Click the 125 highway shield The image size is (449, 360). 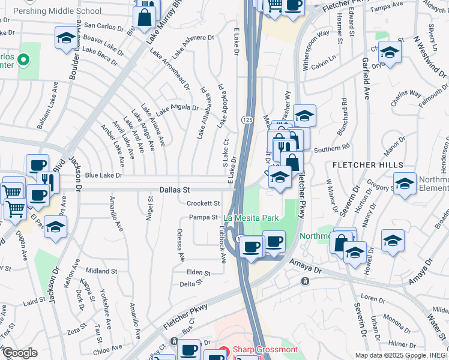tap(247, 120)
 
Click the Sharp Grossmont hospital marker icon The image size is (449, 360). tap(224, 351)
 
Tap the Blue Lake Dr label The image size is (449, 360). tap(103, 175)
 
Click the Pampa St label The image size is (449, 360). tap(203, 217)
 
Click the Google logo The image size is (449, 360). tap(20, 353)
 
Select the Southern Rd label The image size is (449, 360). tap(331, 148)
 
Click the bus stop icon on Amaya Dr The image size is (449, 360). tap(306, 281)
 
